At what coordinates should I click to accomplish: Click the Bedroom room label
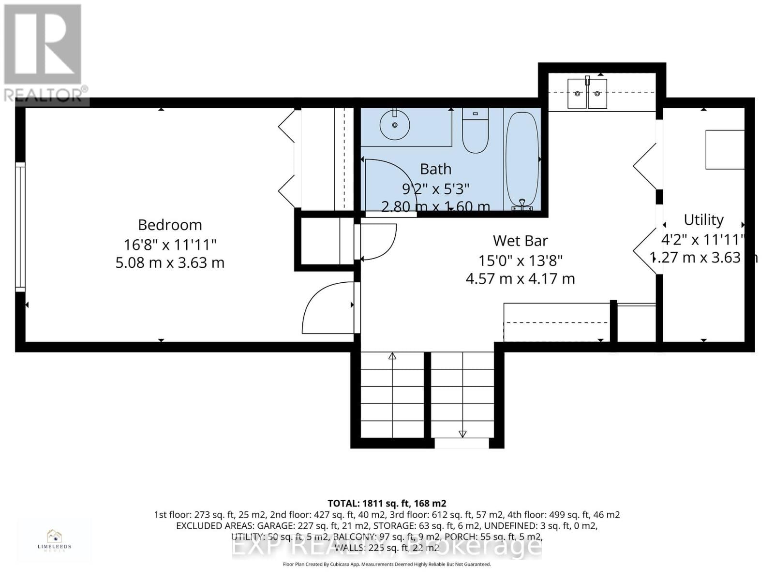click(170, 225)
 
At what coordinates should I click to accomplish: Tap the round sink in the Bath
click(395, 124)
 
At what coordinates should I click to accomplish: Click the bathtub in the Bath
click(522, 159)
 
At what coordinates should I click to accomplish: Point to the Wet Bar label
click(520, 241)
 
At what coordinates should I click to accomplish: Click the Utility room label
click(703, 220)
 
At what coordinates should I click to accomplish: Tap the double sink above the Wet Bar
click(587, 93)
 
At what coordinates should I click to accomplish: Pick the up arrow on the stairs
click(392, 357)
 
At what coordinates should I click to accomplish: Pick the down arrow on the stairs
click(462, 434)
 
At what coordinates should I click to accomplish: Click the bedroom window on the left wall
click(20, 227)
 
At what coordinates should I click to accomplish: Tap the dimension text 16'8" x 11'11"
click(170, 244)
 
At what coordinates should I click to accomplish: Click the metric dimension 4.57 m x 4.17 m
click(520, 279)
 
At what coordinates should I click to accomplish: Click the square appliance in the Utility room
click(724, 149)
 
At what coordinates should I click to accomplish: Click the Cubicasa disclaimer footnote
click(387, 565)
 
